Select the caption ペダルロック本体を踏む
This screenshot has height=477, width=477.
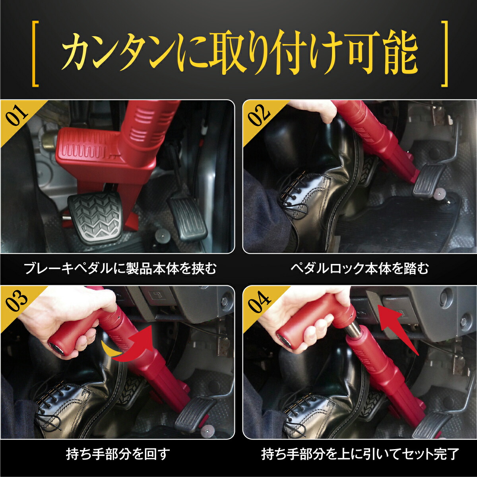(x=360, y=269)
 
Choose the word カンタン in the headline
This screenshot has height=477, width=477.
(x=119, y=54)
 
